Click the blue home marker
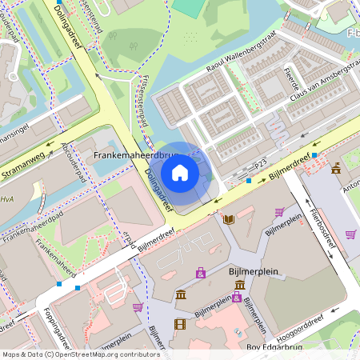pos(180,172)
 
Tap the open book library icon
pos(229,218)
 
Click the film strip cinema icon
pos(179,323)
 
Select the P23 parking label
pos(259,164)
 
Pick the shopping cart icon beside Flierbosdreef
pos(350,234)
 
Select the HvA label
pos(7,199)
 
